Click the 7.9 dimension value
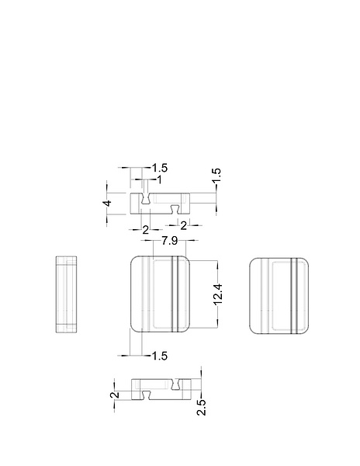pos(169,243)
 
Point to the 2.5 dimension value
pos(201,405)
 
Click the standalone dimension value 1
pos(159,179)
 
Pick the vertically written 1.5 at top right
pos(216,176)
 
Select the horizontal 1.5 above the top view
pos(160,168)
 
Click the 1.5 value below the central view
pos(160,356)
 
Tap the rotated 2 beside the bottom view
pos(115,395)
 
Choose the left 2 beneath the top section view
pos(146,229)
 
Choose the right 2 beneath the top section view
pos(183,225)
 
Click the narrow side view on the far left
pos(67,294)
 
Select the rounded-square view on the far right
pos(279,294)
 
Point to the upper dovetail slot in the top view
pos(146,199)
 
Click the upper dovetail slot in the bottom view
pos(177,383)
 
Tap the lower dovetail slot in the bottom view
pos(146,395)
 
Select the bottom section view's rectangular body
pos(161,389)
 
